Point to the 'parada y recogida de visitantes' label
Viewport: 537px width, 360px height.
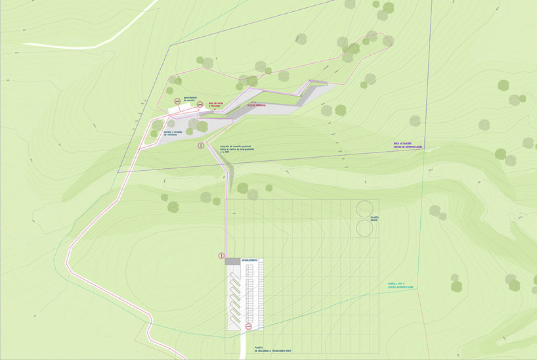175,133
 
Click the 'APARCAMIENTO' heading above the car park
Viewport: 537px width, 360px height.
250,261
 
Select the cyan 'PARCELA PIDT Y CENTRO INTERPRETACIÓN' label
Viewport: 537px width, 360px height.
400,286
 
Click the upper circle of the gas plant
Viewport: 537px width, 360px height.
364,210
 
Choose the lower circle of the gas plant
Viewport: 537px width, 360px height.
364,228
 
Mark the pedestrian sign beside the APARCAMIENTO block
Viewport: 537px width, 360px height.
221,256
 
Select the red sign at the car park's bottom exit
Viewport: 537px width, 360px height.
249,326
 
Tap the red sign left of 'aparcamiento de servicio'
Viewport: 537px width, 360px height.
177,100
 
